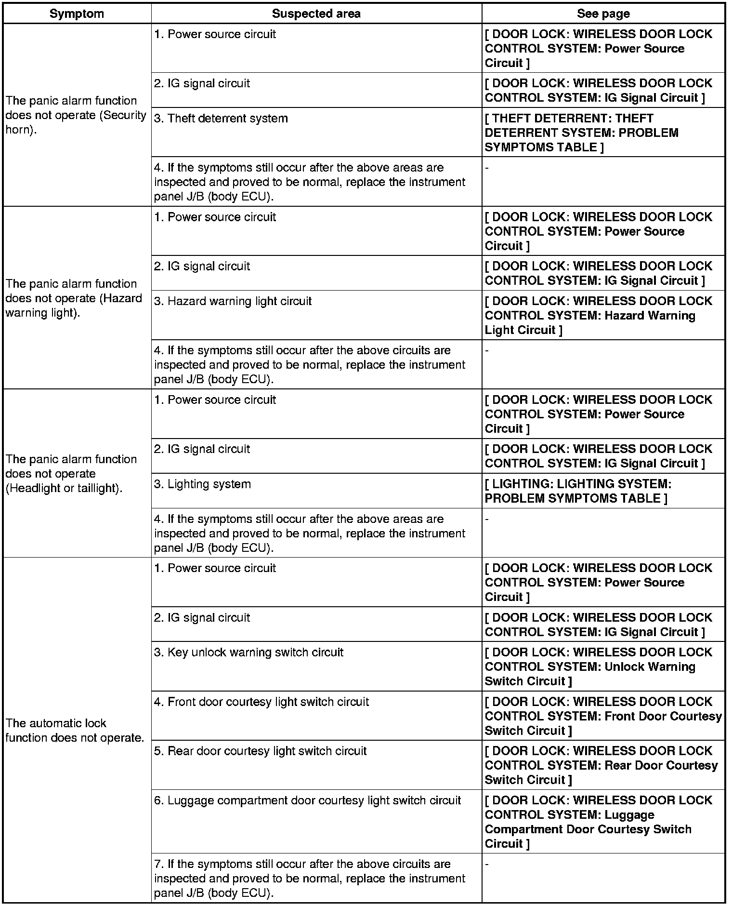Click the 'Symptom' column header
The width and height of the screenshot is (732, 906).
point(77,13)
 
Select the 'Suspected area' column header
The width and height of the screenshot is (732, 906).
point(316,13)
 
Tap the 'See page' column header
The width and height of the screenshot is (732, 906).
point(603,13)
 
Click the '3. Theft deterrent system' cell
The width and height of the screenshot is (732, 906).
point(221,119)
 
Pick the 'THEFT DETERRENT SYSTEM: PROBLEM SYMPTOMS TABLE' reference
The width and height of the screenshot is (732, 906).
point(581,133)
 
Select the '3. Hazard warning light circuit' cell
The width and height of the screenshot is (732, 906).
point(233,301)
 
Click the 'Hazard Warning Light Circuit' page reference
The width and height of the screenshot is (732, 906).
point(590,316)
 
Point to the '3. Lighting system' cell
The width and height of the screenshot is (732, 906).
point(203,484)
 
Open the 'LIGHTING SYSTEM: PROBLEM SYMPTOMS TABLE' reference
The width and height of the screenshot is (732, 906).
point(578,491)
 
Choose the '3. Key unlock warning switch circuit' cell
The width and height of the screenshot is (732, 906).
point(249,653)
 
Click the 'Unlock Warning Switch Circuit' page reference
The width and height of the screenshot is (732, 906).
point(590,667)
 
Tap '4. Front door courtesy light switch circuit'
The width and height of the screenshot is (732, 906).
point(261,702)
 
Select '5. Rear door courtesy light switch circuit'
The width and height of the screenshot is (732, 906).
point(261,751)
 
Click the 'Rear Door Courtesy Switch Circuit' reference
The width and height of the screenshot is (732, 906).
point(601,766)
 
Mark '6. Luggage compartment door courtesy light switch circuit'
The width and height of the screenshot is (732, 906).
point(308,800)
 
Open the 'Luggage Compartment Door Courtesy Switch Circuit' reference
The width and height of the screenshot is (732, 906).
point(588,822)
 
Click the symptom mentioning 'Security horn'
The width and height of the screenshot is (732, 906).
point(76,115)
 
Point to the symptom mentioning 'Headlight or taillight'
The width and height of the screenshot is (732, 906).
point(71,473)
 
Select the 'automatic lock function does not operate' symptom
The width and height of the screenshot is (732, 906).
point(75,730)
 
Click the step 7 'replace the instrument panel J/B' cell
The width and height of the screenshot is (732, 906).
point(310,878)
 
